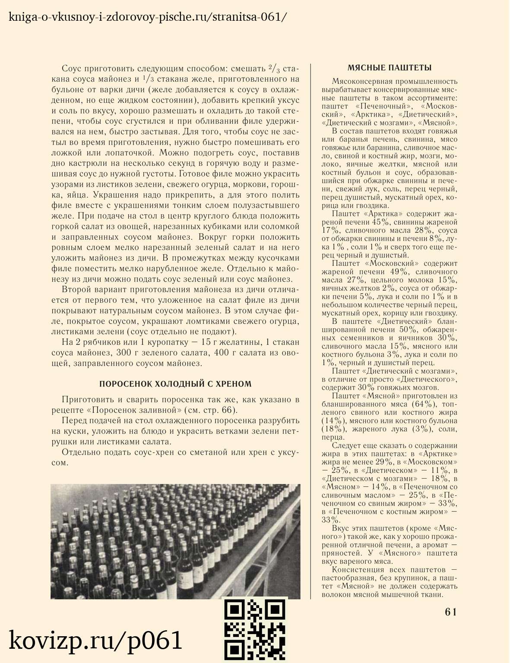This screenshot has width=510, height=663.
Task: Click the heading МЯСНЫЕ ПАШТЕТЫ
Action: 390,68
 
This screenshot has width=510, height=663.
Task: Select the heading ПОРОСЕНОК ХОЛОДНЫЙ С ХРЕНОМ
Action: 175,384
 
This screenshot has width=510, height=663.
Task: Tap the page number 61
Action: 450,612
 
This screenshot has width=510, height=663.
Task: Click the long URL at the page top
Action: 147,17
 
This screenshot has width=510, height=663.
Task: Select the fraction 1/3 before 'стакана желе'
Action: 148,79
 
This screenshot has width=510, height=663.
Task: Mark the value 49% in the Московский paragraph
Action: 399,272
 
